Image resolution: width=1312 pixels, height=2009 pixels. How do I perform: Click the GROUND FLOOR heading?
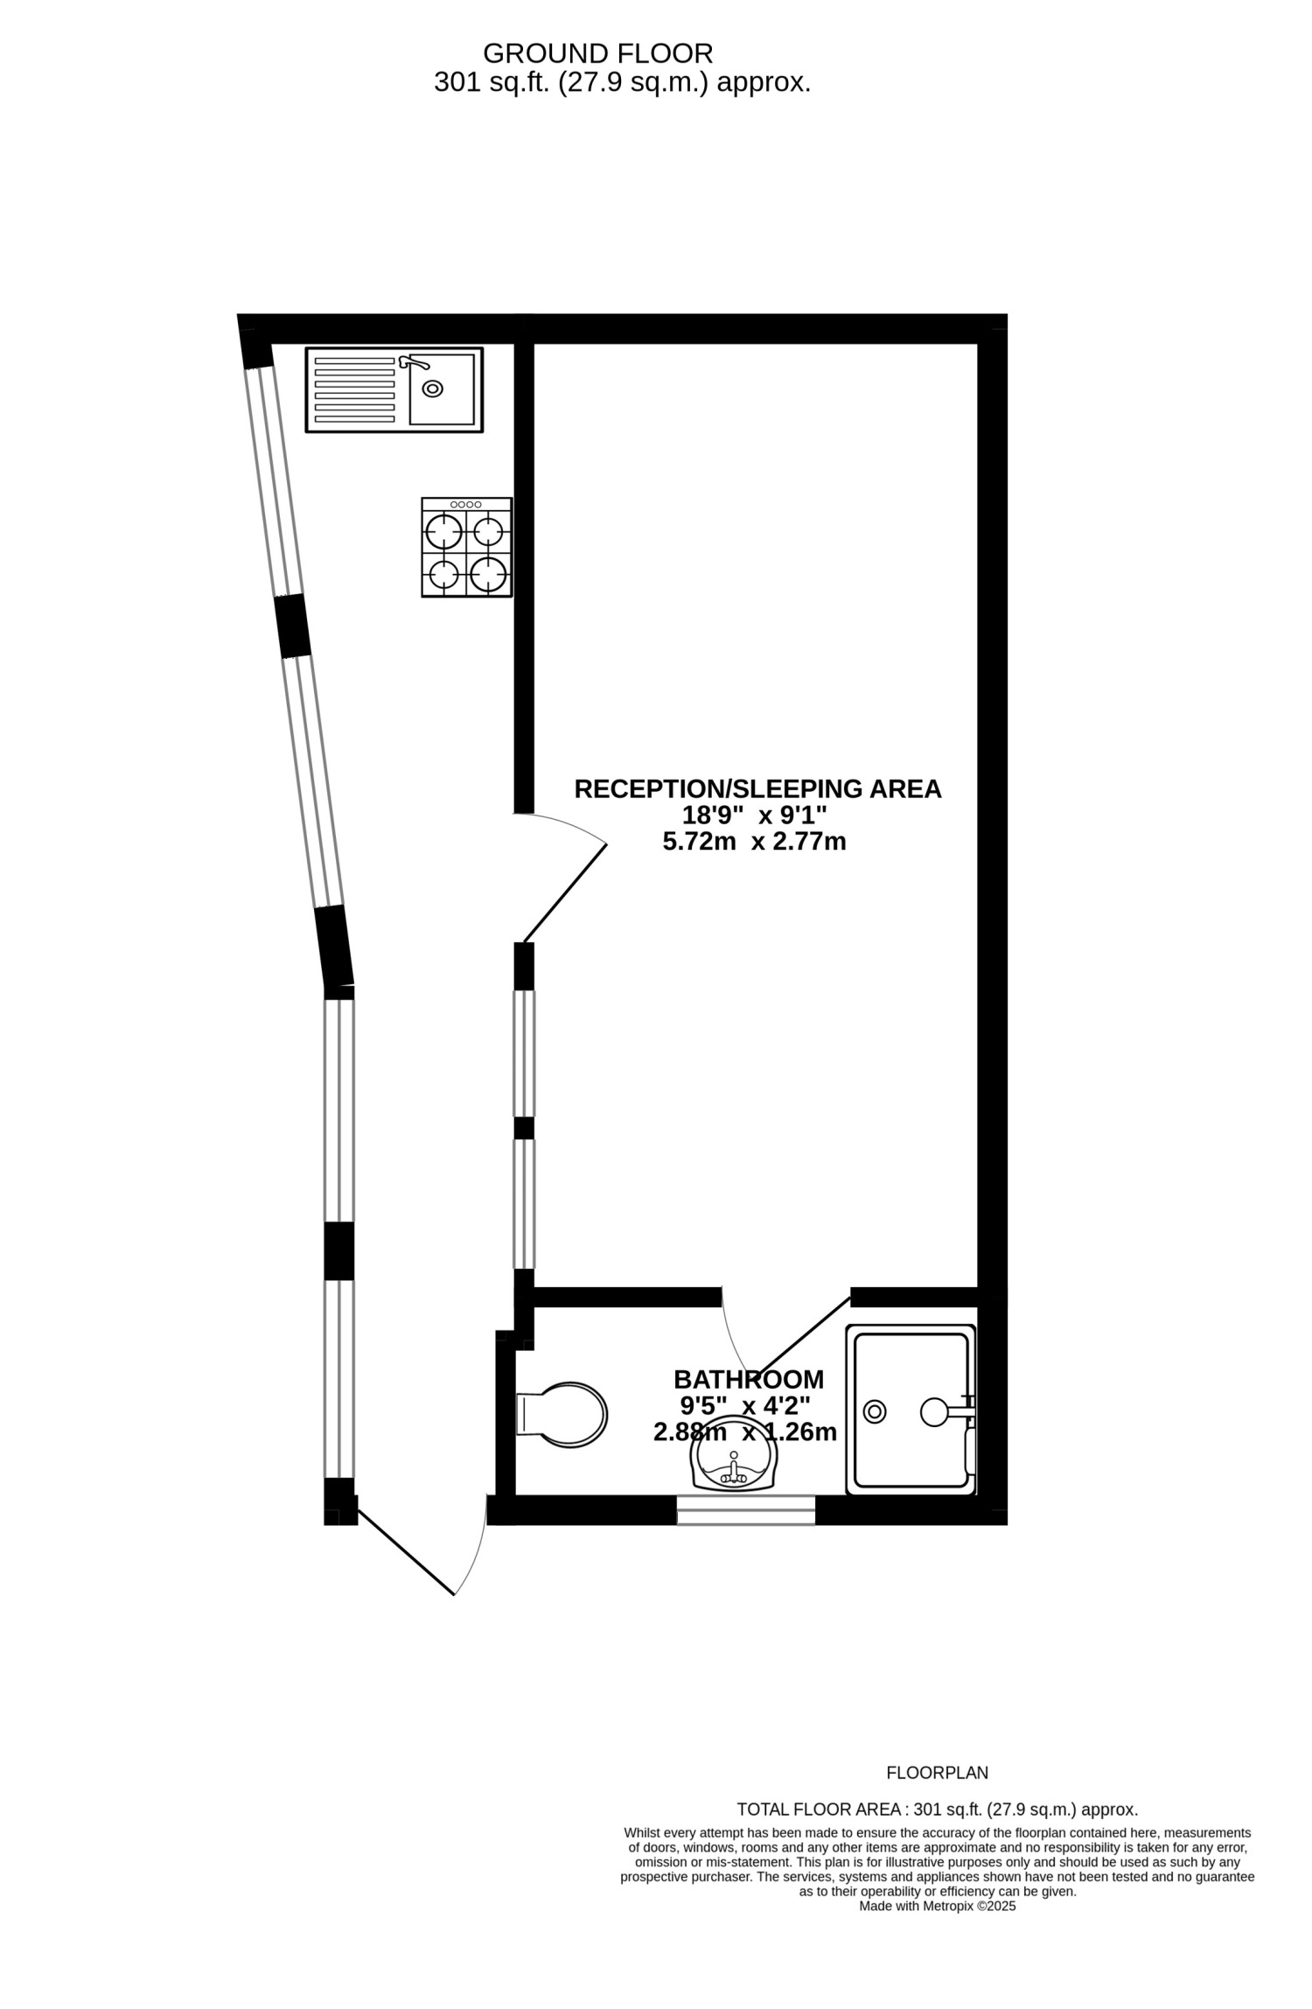(x=597, y=54)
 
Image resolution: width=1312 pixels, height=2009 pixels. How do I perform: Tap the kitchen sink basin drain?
(x=432, y=388)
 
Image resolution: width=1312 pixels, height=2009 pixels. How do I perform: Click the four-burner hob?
(x=467, y=548)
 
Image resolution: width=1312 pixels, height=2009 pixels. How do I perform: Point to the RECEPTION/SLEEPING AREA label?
(x=757, y=788)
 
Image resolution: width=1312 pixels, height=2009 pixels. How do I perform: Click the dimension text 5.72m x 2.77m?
(x=754, y=843)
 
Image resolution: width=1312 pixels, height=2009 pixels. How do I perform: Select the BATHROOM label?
(x=749, y=1380)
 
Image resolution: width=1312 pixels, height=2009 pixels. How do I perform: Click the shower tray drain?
(x=875, y=1411)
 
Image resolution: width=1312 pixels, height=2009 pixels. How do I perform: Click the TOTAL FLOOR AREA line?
(x=938, y=1809)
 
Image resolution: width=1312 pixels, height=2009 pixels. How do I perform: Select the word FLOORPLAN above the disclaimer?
(x=938, y=1773)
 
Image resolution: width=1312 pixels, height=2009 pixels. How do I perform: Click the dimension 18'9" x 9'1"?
(x=754, y=815)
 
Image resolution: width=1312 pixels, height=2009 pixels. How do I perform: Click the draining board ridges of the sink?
(x=354, y=389)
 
